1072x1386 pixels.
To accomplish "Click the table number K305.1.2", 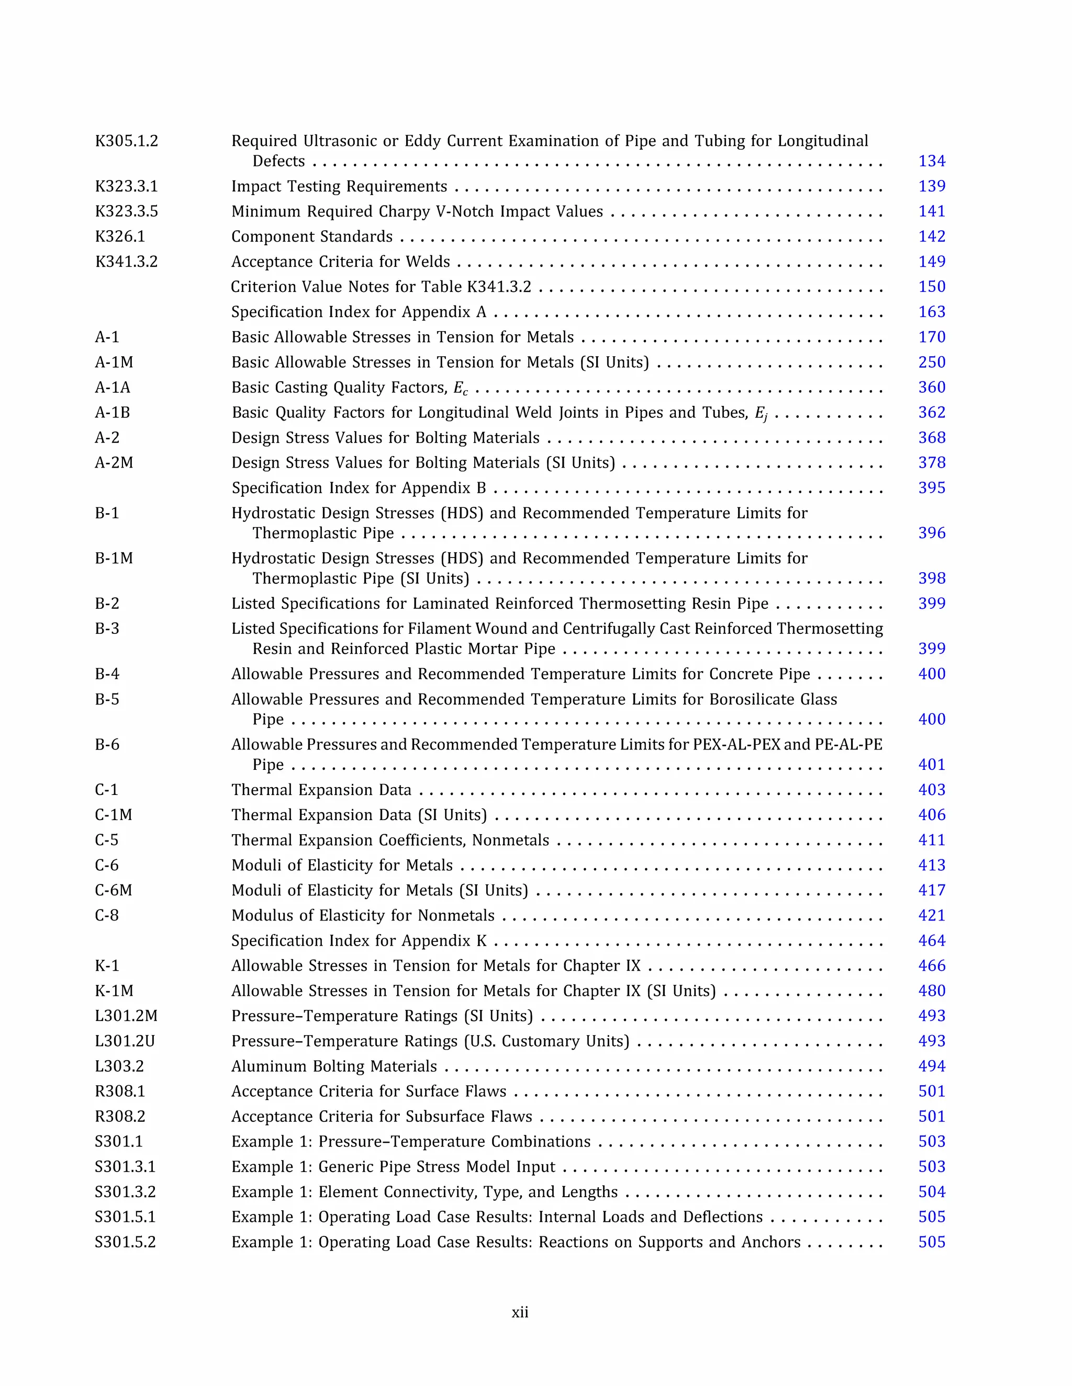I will click(x=126, y=141).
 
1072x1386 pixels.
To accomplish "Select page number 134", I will click(x=931, y=161).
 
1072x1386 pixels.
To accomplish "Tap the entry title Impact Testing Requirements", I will click(x=339, y=187).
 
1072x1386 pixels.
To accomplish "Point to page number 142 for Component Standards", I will click(x=931, y=237).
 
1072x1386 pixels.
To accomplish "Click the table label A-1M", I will click(x=114, y=362).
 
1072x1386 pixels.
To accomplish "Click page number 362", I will click(x=931, y=413).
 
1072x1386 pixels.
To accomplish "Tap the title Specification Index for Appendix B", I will click(x=358, y=488).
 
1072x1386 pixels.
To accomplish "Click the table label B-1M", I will click(x=114, y=559).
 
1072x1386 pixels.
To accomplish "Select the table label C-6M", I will click(x=113, y=890).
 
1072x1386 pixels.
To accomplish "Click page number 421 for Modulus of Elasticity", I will click(x=931, y=916).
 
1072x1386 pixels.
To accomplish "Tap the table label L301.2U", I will click(x=125, y=1041).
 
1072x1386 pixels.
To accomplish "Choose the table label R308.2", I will click(x=120, y=1117).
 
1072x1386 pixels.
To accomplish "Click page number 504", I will click(x=931, y=1192).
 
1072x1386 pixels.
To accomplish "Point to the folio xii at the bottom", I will click(x=519, y=1312).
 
